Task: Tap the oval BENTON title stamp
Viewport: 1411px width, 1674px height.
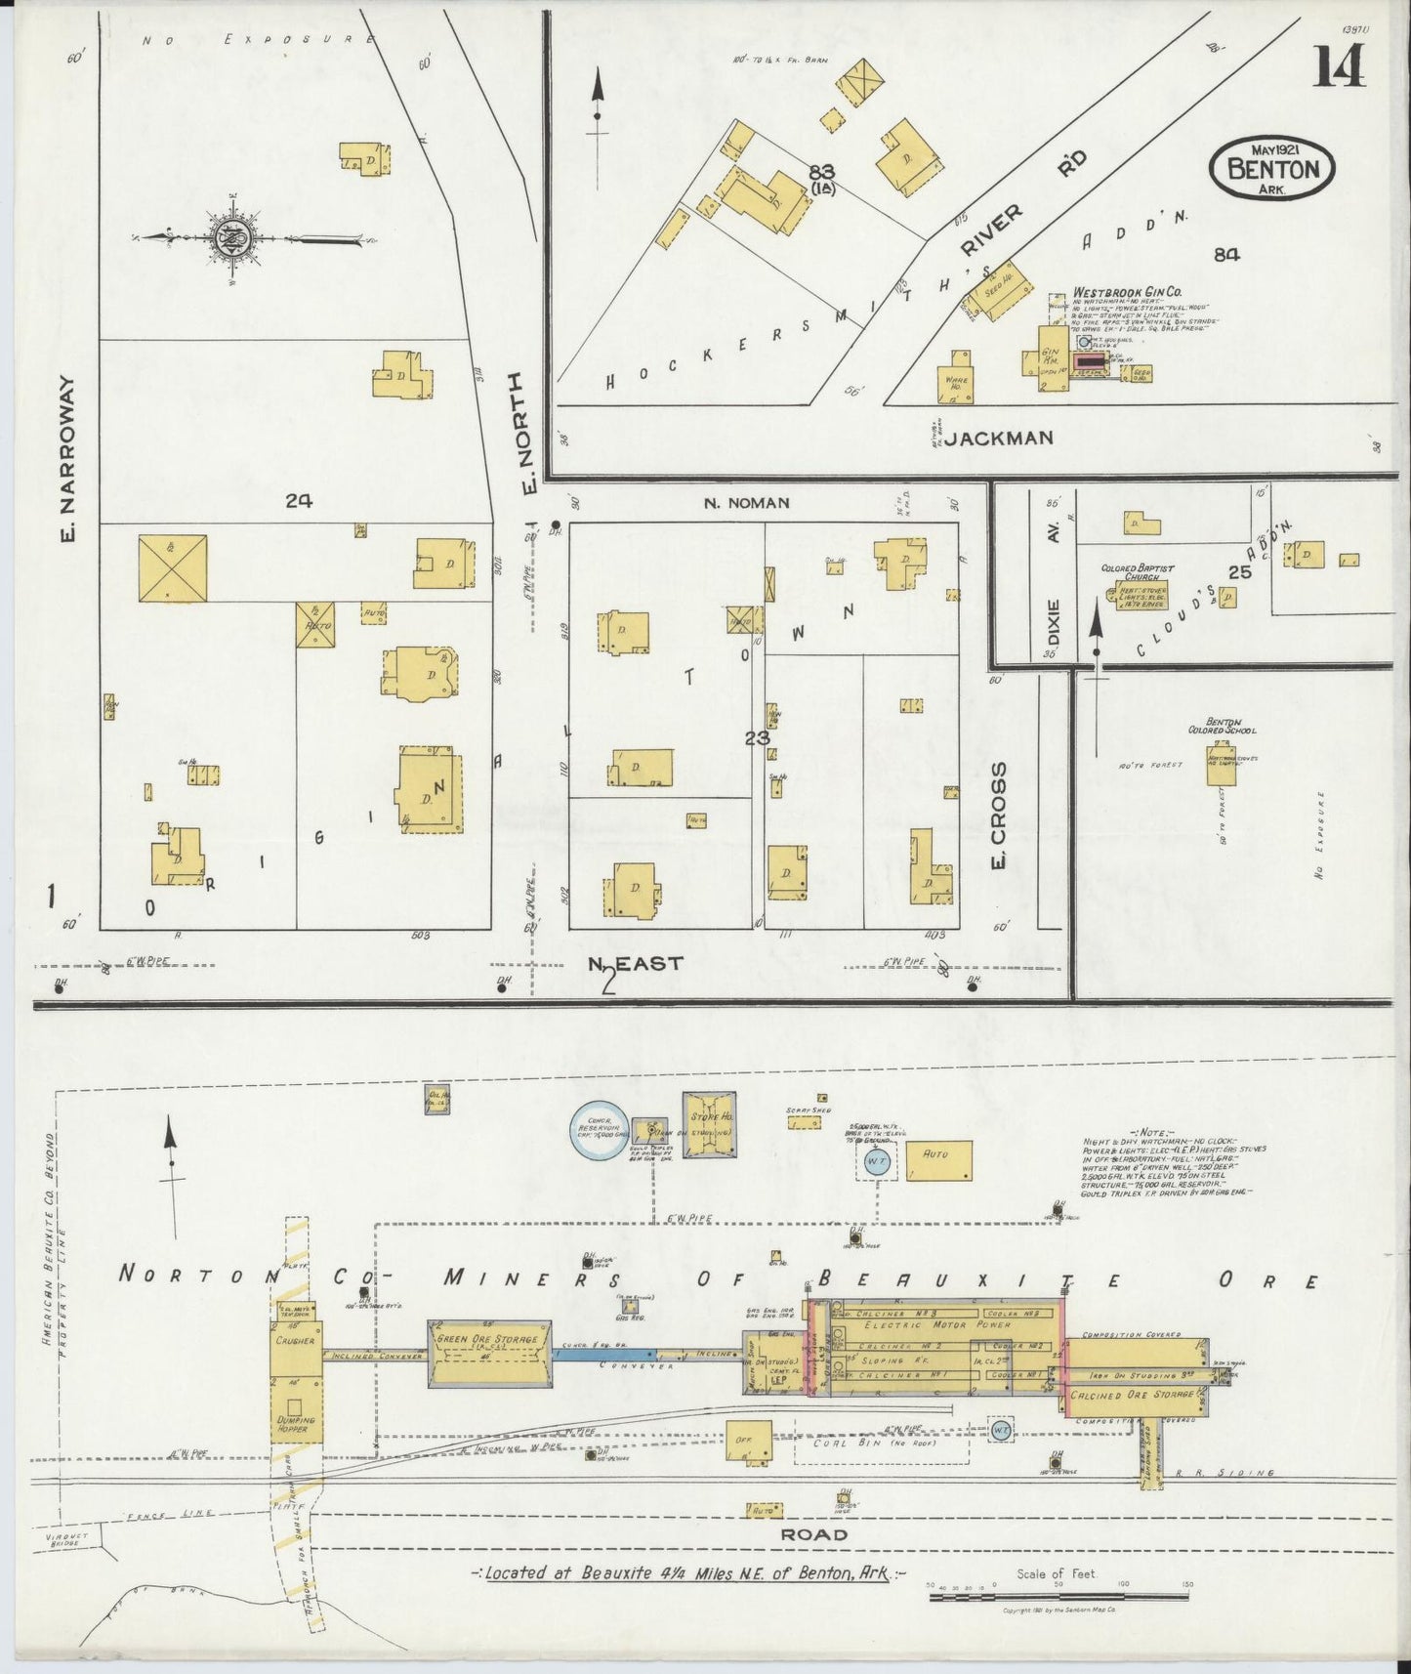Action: [x=1271, y=169]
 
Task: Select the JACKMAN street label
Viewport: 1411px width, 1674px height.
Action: [x=998, y=439]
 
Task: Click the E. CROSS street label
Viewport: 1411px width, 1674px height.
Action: [x=998, y=818]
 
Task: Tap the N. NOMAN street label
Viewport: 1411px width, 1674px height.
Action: [x=745, y=503]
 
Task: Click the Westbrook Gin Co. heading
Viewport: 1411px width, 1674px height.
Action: [x=1127, y=292]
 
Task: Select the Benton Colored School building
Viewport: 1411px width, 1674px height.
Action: [x=1222, y=764]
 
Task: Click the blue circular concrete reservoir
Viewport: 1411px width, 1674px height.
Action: [x=598, y=1132]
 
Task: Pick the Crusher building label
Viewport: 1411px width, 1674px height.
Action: [x=295, y=1341]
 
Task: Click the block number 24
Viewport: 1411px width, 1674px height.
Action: [x=298, y=501]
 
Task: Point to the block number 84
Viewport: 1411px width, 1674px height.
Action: [x=1226, y=254]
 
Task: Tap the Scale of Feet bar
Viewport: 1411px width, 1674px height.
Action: [x=1057, y=1597]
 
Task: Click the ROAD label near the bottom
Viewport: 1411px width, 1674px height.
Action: [x=812, y=1534]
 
